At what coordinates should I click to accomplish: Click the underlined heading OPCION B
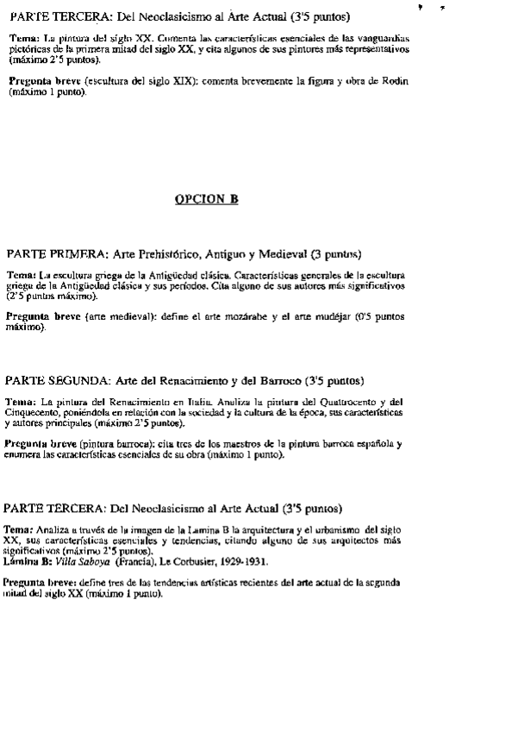[x=207, y=199]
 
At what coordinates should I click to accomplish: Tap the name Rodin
[x=392, y=81]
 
